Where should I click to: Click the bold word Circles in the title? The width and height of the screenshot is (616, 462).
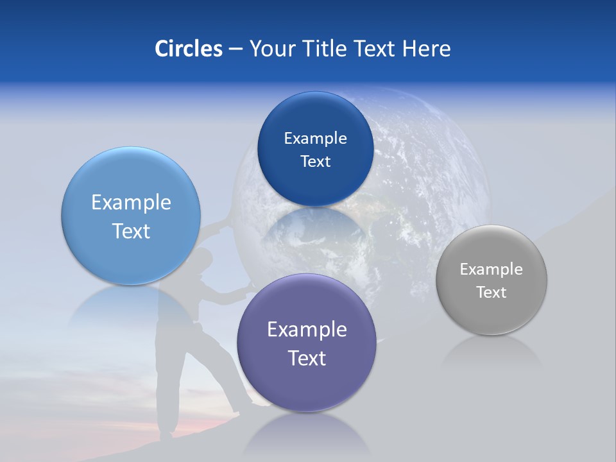click(x=188, y=49)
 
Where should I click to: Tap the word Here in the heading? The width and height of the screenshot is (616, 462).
click(x=426, y=49)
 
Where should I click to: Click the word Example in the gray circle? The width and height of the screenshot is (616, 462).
click(x=491, y=269)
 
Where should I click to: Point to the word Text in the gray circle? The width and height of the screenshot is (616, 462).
click(x=491, y=293)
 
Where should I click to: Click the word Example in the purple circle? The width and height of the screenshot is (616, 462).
click(x=307, y=329)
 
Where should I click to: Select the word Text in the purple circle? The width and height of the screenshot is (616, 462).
click(x=307, y=358)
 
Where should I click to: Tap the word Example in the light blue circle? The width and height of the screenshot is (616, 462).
click(x=131, y=203)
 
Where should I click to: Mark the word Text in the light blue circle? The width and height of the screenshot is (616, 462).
click(x=131, y=231)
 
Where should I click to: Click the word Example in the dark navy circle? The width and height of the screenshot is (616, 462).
click(x=315, y=139)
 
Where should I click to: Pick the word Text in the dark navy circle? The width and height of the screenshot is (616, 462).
click(x=315, y=162)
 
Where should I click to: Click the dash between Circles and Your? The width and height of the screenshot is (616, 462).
click(x=235, y=49)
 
